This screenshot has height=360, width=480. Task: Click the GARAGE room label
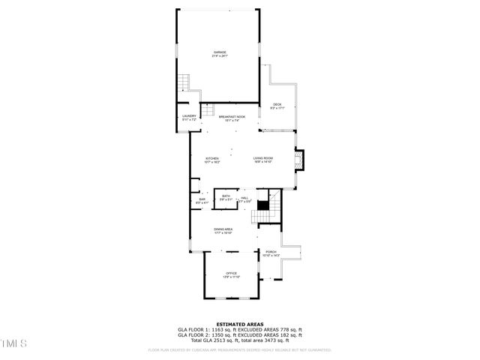pyautogui.click(x=218, y=52)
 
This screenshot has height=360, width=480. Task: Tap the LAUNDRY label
pyautogui.click(x=189, y=116)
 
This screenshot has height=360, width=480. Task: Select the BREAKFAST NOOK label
pyautogui.click(x=232, y=117)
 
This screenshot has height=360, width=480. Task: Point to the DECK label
pyautogui.click(x=277, y=105)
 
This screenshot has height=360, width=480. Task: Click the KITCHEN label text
pyautogui.click(x=212, y=158)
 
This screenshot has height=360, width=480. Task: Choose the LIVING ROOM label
pyautogui.click(x=262, y=158)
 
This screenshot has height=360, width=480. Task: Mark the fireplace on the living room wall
pyautogui.click(x=301, y=161)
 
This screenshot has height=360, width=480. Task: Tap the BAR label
pyautogui.click(x=202, y=199)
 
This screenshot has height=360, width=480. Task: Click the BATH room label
pyautogui.click(x=226, y=196)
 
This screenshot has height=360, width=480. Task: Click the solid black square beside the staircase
pyautogui.click(x=262, y=205)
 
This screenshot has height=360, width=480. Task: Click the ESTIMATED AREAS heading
pyautogui.click(x=239, y=324)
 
